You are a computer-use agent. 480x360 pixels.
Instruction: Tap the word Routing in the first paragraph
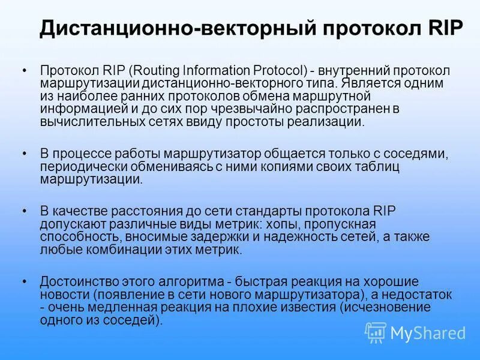[x=136, y=71]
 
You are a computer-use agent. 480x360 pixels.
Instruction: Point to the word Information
[x=197, y=71]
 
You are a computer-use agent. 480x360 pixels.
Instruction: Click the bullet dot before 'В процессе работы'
[x=24, y=154]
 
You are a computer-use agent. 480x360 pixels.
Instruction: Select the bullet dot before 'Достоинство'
[x=24, y=281]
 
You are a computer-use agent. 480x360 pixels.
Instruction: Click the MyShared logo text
[x=428, y=332]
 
